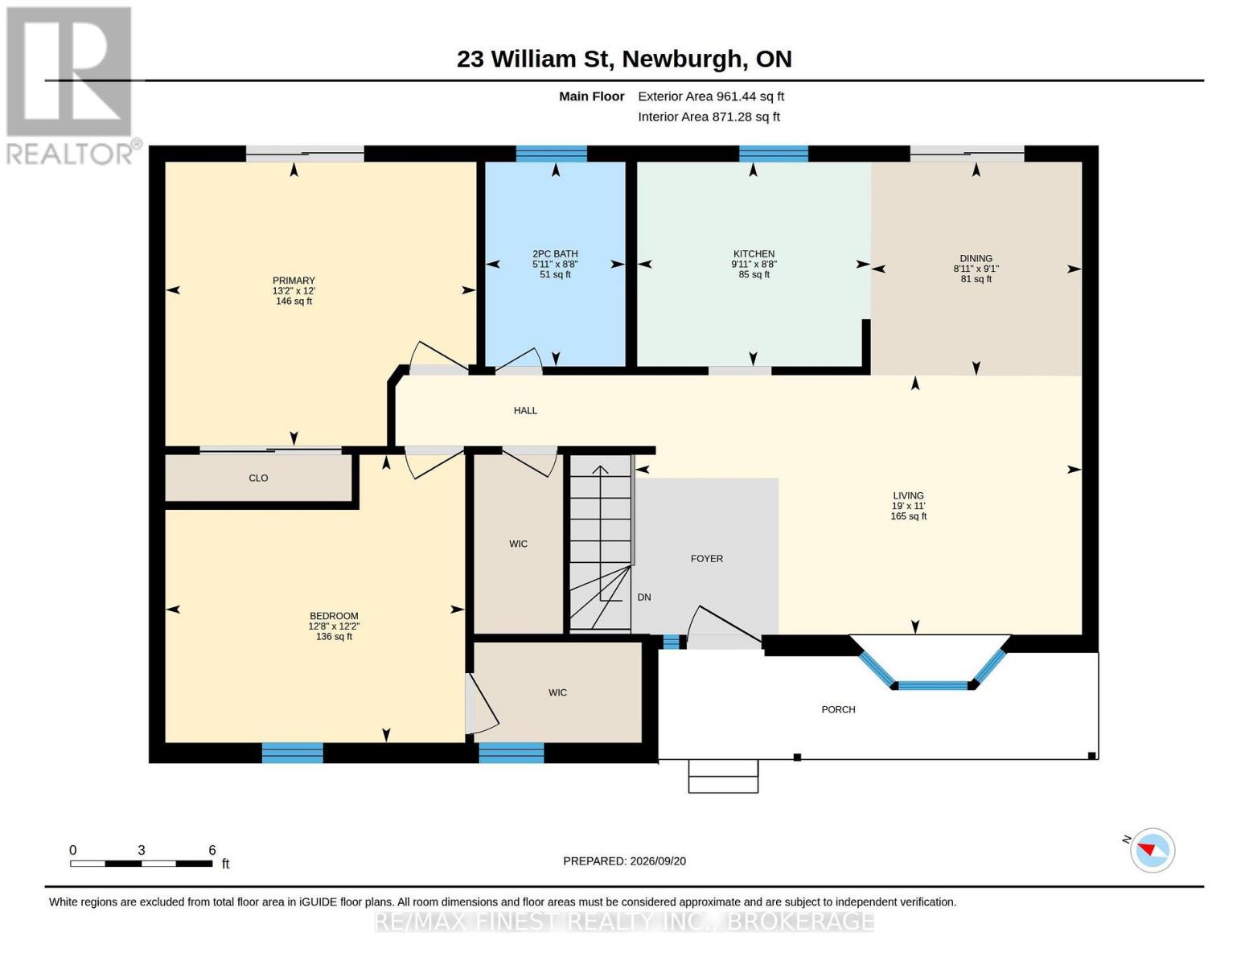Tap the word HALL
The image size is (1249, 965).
pyautogui.click(x=525, y=410)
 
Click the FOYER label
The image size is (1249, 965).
pyautogui.click(x=706, y=559)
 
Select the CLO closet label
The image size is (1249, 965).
pyautogui.click(x=258, y=478)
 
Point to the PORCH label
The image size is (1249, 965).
pyautogui.click(x=838, y=709)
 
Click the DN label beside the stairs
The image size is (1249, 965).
pyautogui.click(x=643, y=597)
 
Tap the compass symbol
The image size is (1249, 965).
pyautogui.click(x=1152, y=850)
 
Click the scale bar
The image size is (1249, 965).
pyautogui.click(x=142, y=863)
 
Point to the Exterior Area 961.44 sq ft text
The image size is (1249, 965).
pyautogui.click(x=710, y=96)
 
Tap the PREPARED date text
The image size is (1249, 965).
pyautogui.click(x=624, y=861)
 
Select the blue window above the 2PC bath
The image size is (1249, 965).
pyautogui.click(x=551, y=154)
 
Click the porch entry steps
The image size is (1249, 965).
pyautogui.click(x=723, y=776)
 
